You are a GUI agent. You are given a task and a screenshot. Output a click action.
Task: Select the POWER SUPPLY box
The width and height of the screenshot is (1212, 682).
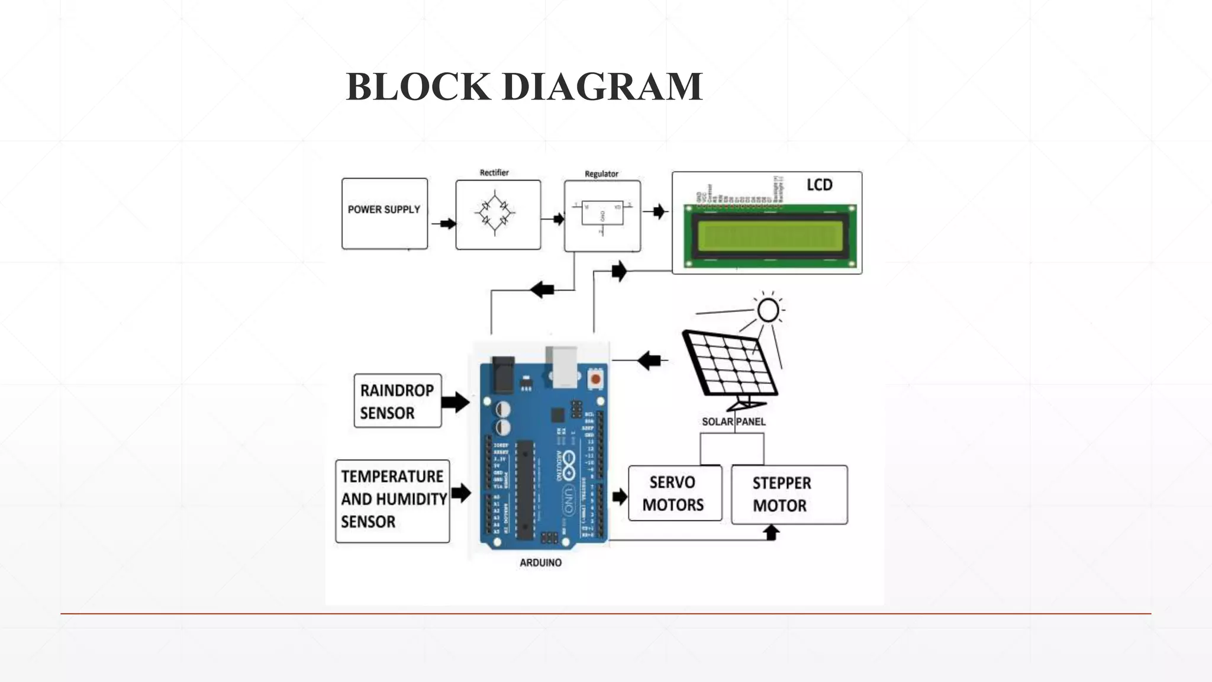pos(385,214)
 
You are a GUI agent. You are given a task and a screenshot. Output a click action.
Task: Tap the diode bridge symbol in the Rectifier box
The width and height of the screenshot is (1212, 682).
pos(495,214)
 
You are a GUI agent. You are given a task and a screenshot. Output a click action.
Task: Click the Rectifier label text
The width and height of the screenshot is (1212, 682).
pos(494,173)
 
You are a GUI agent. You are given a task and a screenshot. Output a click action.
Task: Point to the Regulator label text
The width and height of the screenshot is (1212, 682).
pos(601,174)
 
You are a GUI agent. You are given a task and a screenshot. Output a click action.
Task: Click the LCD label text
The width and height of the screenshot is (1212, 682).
pos(819,185)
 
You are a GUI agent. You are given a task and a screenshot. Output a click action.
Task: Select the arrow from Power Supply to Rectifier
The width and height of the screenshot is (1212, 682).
pos(445,224)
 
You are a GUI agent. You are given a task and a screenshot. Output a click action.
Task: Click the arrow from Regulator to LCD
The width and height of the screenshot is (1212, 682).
pos(659,211)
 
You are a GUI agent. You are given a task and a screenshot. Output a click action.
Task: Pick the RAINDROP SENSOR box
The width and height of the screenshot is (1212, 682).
pos(398,401)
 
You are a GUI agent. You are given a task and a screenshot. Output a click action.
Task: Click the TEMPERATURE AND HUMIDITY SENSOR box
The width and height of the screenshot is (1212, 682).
pos(392,501)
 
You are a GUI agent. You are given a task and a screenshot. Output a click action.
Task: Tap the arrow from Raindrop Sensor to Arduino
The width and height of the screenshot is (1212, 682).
pos(456,402)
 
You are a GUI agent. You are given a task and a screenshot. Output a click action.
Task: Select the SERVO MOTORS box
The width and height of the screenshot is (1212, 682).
pos(675,493)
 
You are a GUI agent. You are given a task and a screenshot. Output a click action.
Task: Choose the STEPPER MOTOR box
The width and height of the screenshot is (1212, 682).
pos(789,494)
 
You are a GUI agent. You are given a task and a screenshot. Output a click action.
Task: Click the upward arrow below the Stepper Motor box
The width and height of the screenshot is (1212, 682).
pos(771,533)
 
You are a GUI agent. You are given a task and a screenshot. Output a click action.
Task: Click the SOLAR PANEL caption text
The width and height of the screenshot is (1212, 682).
pos(733,422)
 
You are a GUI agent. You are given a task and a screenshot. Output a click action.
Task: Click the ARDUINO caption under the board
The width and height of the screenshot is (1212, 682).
pos(540,562)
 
